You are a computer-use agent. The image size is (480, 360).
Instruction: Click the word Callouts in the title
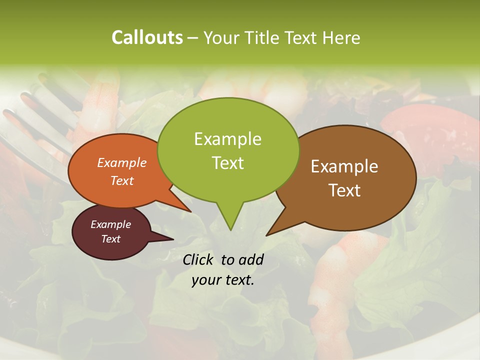[x=147, y=37]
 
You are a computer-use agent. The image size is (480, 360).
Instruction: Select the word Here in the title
[x=341, y=37]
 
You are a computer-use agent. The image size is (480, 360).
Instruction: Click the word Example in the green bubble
[x=227, y=139]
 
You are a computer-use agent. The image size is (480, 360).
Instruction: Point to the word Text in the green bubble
[x=227, y=163]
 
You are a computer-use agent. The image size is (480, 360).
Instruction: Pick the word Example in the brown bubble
[x=344, y=166]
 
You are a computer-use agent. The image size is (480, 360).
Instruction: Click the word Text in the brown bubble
[x=344, y=190]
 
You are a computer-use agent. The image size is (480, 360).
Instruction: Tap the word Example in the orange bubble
[x=121, y=162]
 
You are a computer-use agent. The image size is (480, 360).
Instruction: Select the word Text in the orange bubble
[x=121, y=180]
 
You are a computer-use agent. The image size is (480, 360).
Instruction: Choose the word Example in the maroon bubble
[x=110, y=224]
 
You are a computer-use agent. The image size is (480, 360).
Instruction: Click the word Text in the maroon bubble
[x=110, y=239]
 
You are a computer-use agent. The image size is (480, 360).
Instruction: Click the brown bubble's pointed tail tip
[x=267, y=235]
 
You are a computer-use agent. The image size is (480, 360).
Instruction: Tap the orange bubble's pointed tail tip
[x=190, y=211]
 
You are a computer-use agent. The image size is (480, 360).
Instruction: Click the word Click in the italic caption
[x=199, y=259]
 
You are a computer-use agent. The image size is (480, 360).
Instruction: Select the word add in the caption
[x=250, y=259]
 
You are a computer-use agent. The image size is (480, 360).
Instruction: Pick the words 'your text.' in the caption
[x=222, y=280]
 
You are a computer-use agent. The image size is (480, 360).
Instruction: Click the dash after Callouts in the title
[x=193, y=37]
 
